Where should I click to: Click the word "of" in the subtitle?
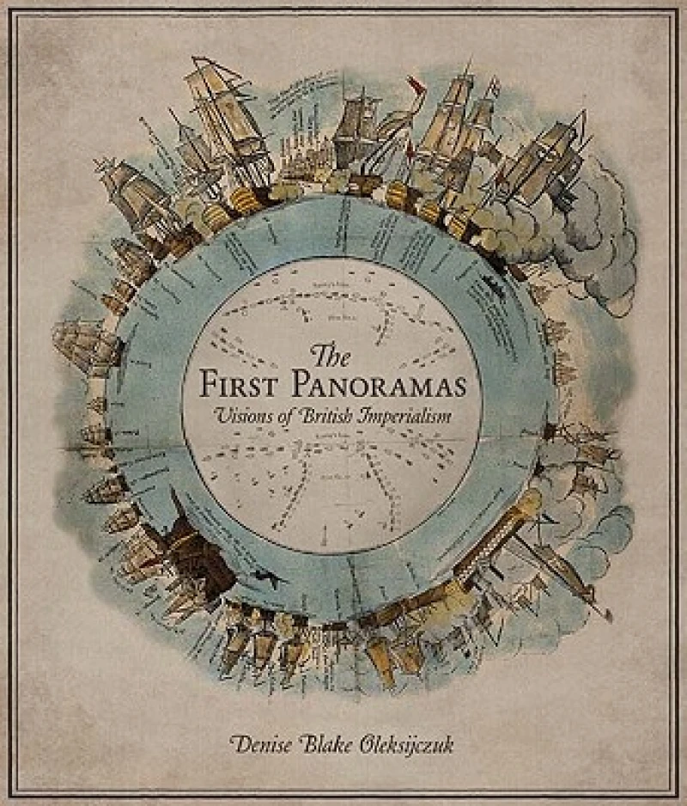click(288, 414)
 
